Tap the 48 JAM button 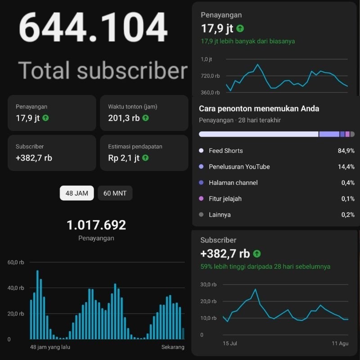tap(76, 193)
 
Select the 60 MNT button tap(115, 193)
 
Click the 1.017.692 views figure tap(96, 225)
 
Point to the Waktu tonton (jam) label tap(133, 107)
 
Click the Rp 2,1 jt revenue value tap(124, 158)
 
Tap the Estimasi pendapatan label tap(135, 146)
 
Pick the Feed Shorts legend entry tap(225, 151)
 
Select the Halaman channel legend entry tap(233, 183)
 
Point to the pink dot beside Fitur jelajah tap(201, 199)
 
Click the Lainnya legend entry tap(220, 215)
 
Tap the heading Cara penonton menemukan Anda tap(259, 109)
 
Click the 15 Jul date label tap(230, 344)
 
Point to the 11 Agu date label tap(340, 344)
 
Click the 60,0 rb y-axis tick tap(16, 262)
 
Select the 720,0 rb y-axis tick tap(210, 76)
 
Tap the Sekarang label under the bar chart tap(173, 347)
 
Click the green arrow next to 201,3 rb tap(145, 118)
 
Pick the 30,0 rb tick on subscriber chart tap(208, 284)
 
